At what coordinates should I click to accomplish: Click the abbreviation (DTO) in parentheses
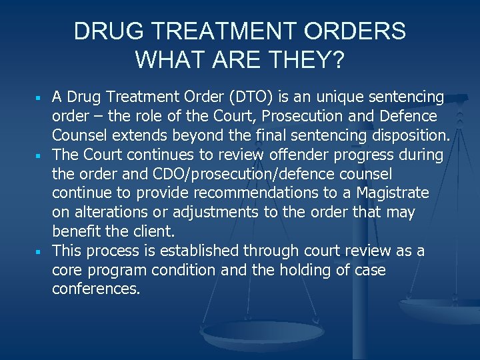(x=253, y=97)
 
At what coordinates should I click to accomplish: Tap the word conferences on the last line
(x=96, y=290)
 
